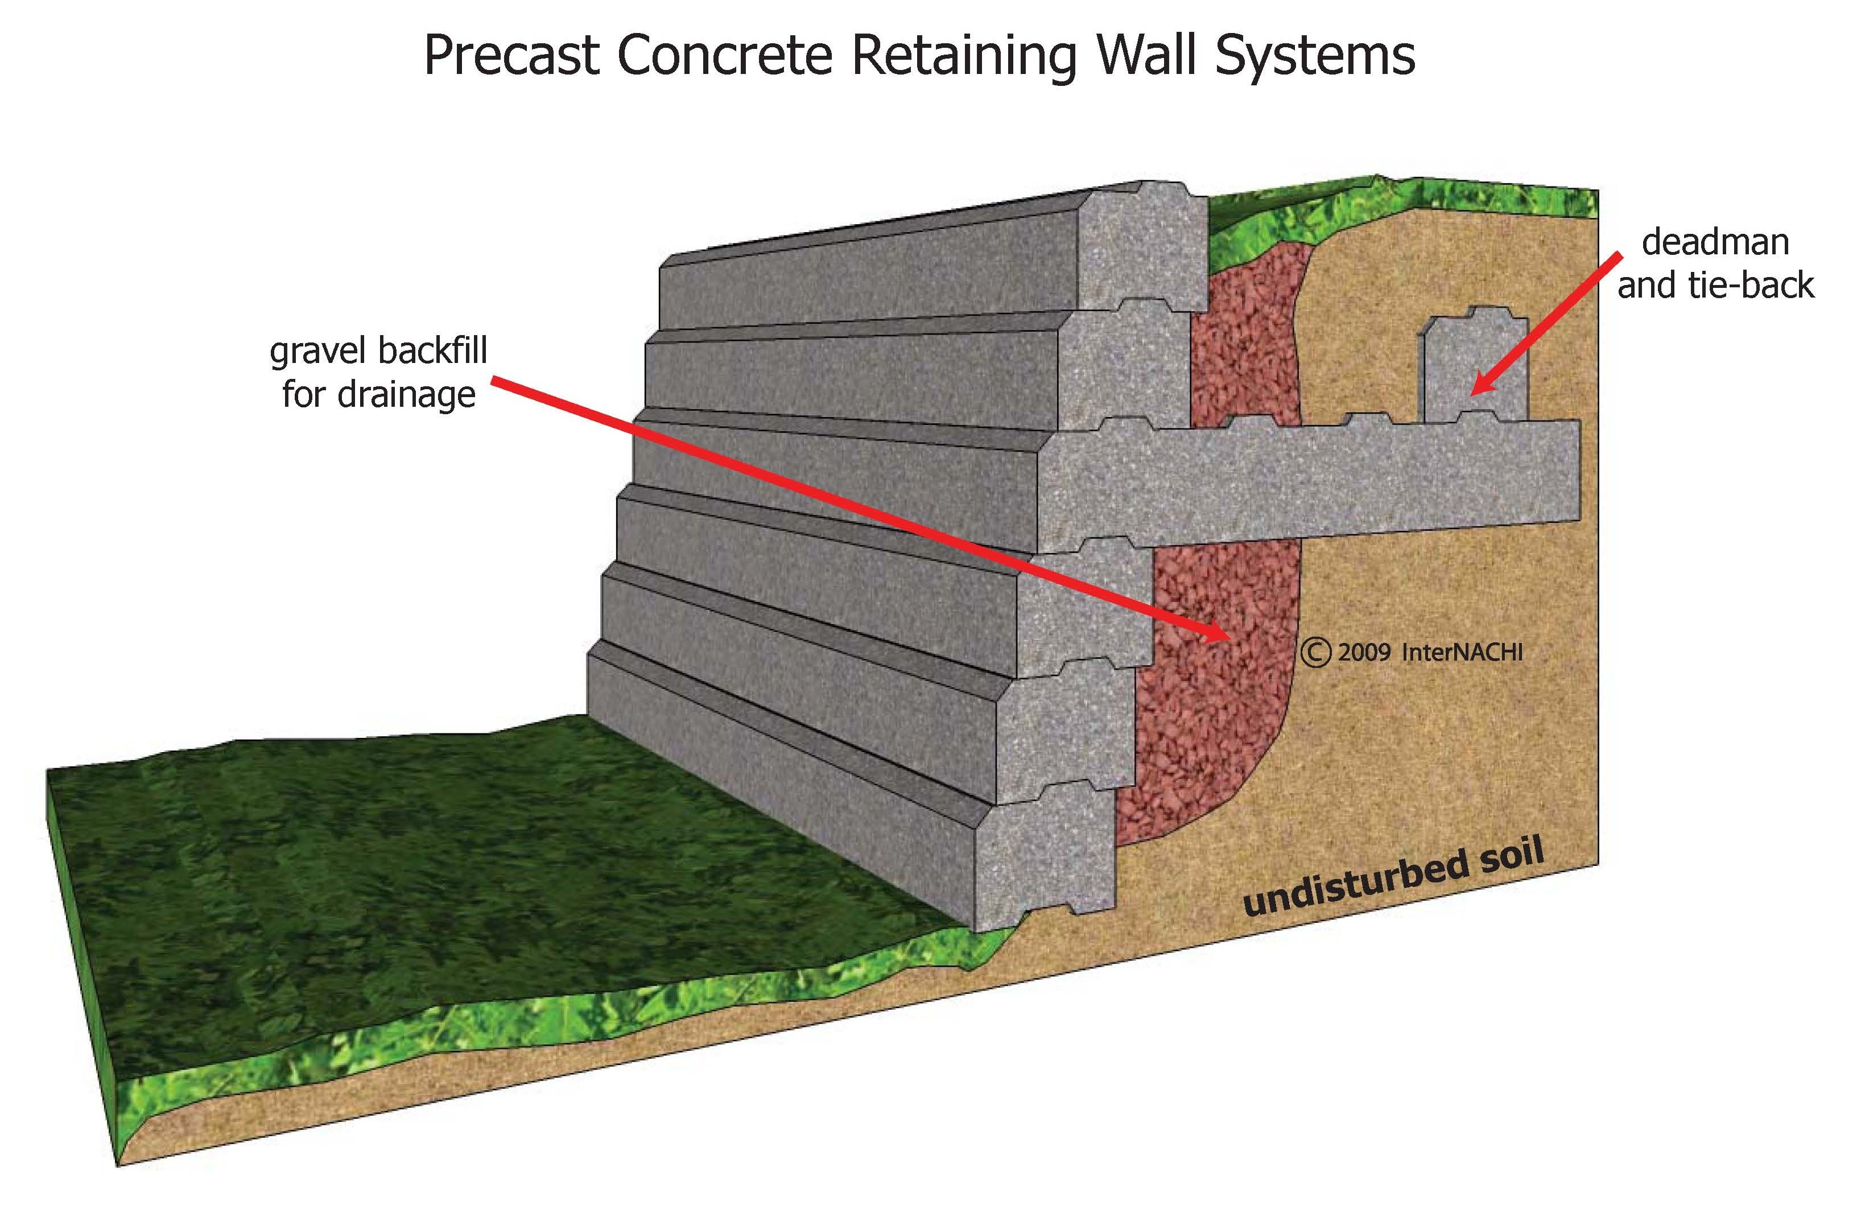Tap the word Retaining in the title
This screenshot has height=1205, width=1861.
click(x=963, y=56)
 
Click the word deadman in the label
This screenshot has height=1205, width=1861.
click(x=1715, y=242)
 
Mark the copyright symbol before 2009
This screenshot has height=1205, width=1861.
click(x=1315, y=652)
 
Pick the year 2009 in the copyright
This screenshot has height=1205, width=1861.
click(x=1364, y=652)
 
